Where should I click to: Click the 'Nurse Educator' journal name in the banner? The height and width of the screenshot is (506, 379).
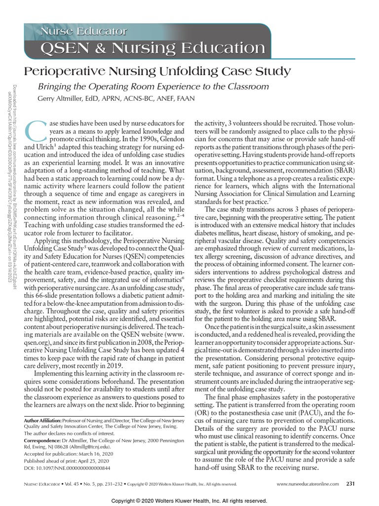83,32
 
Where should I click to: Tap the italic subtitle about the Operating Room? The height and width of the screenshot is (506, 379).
153,86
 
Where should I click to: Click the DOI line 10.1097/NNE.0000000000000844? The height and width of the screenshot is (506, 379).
67,467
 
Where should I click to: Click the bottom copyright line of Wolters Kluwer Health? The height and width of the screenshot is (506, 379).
189,500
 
